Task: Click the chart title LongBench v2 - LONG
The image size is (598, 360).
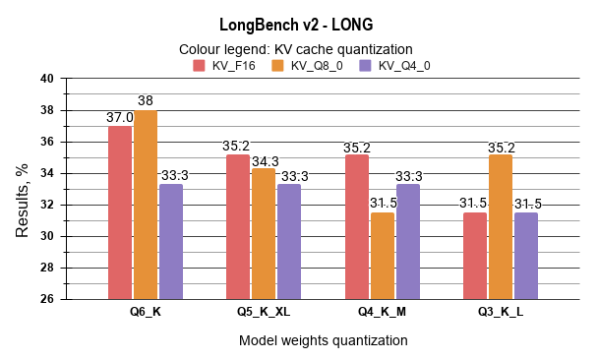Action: (295, 23)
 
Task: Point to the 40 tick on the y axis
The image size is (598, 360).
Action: (47, 79)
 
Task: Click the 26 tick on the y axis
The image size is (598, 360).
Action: (47, 299)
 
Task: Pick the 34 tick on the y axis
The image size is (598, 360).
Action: (47, 173)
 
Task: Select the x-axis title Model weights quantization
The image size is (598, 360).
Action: (323, 340)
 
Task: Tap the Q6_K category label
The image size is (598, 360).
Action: (145, 313)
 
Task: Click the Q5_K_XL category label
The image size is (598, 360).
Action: (264, 313)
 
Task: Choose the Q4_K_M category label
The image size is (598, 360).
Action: (382, 313)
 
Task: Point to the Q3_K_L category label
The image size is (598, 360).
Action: (500, 313)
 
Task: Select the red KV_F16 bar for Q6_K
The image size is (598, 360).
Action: (120, 212)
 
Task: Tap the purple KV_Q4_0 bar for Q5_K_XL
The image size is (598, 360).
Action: (289, 241)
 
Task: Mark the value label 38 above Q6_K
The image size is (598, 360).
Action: (146, 101)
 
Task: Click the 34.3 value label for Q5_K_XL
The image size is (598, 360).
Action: (265, 160)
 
